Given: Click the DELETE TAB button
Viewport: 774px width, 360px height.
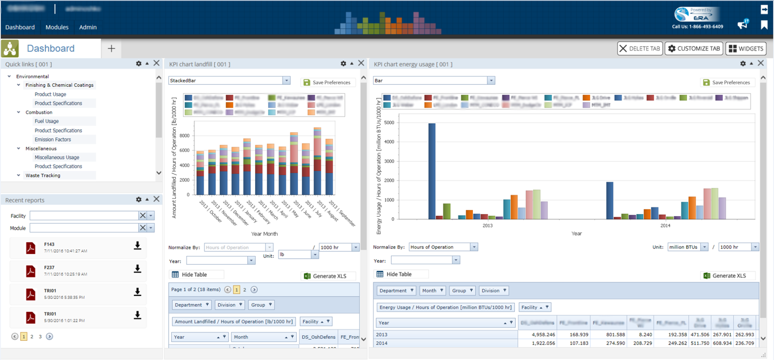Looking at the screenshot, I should pyautogui.click(x=640, y=49).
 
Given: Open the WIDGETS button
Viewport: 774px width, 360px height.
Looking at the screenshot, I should pyautogui.click(x=746, y=49).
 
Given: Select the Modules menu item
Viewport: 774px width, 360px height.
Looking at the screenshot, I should pyautogui.click(x=57, y=27).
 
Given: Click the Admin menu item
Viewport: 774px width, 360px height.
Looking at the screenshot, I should pyautogui.click(x=88, y=27).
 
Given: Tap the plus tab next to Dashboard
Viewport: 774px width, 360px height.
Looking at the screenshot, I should pyautogui.click(x=111, y=49).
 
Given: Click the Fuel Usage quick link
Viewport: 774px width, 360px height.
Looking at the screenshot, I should pyautogui.click(x=47, y=121).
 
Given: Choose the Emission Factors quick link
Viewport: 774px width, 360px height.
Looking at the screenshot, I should pyautogui.click(x=53, y=140).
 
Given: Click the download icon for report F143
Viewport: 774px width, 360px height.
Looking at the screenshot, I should pyautogui.click(x=138, y=246).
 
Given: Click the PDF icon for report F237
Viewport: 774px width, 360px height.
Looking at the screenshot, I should pyautogui.click(x=31, y=271).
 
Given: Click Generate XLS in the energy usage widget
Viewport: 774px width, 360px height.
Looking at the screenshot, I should pyautogui.click(x=728, y=276).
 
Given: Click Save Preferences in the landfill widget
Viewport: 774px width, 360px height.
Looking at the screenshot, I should pyautogui.click(x=327, y=82).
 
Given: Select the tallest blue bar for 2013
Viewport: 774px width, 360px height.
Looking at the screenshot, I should pyautogui.click(x=431, y=171).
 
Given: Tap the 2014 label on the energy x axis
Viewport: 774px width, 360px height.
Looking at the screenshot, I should pyautogui.click(x=665, y=226).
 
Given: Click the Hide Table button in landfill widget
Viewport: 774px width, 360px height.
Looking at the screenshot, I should pyautogui.click(x=197, y=275).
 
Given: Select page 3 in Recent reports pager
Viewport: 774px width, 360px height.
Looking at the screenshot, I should pyautogui.click(x=40, y=336).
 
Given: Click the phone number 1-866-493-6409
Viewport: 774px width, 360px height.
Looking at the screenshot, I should pyautogui.click(x=698, y=26).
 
